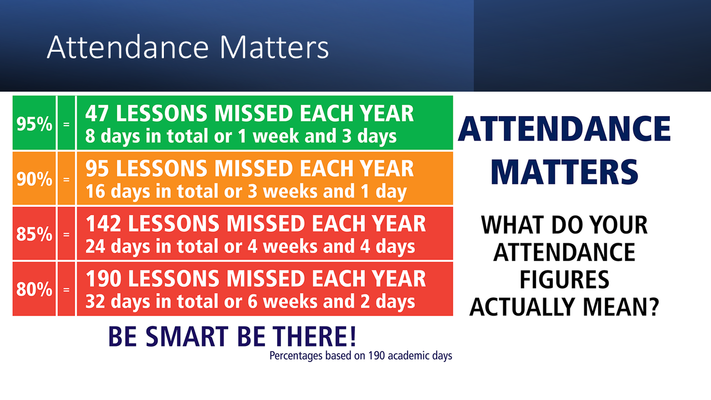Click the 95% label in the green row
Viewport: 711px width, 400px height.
34,124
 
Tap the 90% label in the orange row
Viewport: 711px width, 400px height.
34,179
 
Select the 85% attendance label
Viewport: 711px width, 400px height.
34,234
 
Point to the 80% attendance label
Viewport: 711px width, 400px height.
34,289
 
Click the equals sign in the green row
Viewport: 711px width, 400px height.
66,124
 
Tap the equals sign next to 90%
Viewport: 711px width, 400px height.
66,179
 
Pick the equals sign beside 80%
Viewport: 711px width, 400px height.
66,290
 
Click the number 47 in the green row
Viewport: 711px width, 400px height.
97,113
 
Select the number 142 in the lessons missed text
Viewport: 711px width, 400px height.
103,223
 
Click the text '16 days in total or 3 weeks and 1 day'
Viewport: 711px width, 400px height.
246,192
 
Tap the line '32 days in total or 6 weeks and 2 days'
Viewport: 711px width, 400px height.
250,302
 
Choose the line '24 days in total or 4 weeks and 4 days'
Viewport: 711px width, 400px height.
250,247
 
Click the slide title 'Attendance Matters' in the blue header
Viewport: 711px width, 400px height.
188,48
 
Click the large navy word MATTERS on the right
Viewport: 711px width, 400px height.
564,172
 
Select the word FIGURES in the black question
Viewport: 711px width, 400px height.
564,279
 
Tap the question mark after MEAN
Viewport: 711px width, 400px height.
653,307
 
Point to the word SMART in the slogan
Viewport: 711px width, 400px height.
187,337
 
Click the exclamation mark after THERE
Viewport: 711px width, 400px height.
353,336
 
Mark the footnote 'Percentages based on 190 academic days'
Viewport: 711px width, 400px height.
361,356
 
